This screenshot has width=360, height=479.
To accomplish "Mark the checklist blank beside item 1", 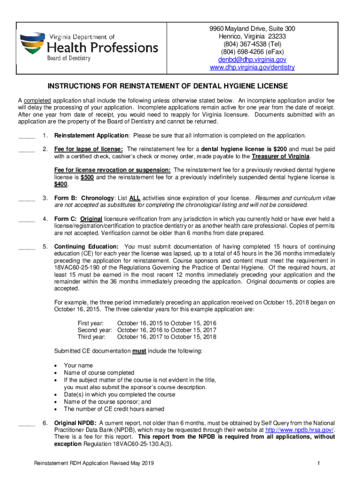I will coord(26,137).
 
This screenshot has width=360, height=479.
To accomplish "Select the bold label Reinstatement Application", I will coord(92,136).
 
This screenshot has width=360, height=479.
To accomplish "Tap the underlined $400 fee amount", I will coord(60,184).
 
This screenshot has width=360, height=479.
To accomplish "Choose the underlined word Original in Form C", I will coord(91,219).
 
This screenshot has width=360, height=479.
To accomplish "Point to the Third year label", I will coord(92,337).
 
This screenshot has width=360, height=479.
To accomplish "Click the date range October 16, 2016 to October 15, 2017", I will coord(166,330).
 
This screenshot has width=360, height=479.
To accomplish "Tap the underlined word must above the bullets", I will coord(139,351).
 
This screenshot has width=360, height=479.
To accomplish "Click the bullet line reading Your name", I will coord(78,365).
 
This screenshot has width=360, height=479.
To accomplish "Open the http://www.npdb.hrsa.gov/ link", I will coord(299,430).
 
